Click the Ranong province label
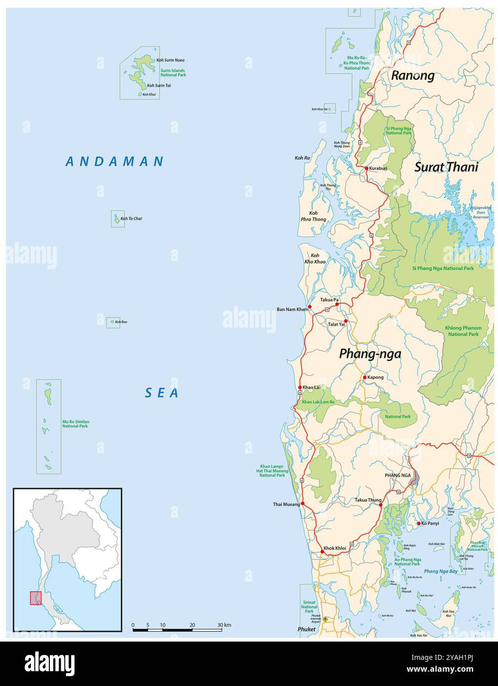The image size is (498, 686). click(x=413, y=76)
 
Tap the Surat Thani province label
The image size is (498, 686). click(x=446, y=167)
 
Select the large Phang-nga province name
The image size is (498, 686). click(x=370, y=354)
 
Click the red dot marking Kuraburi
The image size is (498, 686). click(x=367, y=168)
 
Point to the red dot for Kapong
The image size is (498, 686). click(x=365, y=378)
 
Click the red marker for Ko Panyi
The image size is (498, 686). click(x=419, y=523)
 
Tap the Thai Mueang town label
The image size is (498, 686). click(x=286, y=504)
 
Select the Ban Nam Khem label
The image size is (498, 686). click(x=292, y=309)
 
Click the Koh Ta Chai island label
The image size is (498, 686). click(x=131, y=219)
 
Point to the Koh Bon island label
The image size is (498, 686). click(x=121, y=322)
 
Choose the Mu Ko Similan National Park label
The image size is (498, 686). click(x=76, y=424)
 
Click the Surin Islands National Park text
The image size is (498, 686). click(x=173, y=73)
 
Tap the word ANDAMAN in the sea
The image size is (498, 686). click(x=115, y=161)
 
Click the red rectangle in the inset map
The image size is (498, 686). click(x=36, y=598)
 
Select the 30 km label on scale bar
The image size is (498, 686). click(x=224, y=625)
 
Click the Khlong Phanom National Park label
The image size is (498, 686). click(x=463, y=331)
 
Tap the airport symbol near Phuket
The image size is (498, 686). click(x=325, y=619)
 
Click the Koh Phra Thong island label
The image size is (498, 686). click(x=313, y=216)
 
